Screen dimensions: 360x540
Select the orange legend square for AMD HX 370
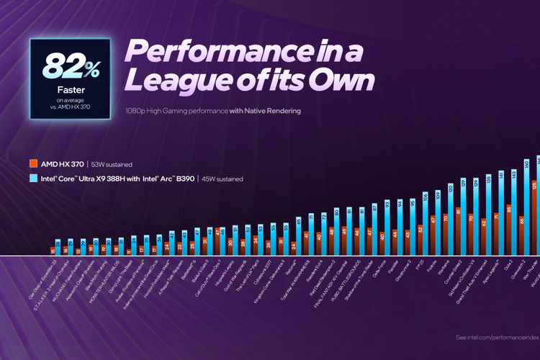(x=34, y=164)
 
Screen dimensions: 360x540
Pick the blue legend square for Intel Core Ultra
(x=34, y=177)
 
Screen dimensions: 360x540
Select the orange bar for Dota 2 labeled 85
(x=509, y=231)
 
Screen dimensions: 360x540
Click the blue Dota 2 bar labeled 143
(x=514, y=214)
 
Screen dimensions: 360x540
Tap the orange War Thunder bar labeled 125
(x=534, y=220)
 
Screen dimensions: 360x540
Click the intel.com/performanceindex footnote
(x=497, y=337)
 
